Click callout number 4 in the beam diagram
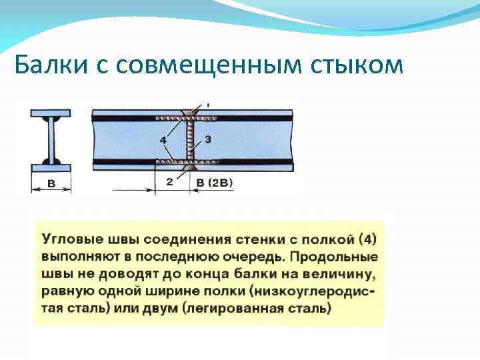pyautogui.click(x=163, y=140)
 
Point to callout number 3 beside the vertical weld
pyautogui.click(x=208, y=139)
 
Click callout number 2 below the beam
pyautogui.click(x=171, y=181)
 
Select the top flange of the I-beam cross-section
pyautogui.click(x=51, y=113)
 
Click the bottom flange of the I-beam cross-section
pyautogui.click(x=51, y=167)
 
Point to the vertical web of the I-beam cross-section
pyautogui.click(x=51, y=140)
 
